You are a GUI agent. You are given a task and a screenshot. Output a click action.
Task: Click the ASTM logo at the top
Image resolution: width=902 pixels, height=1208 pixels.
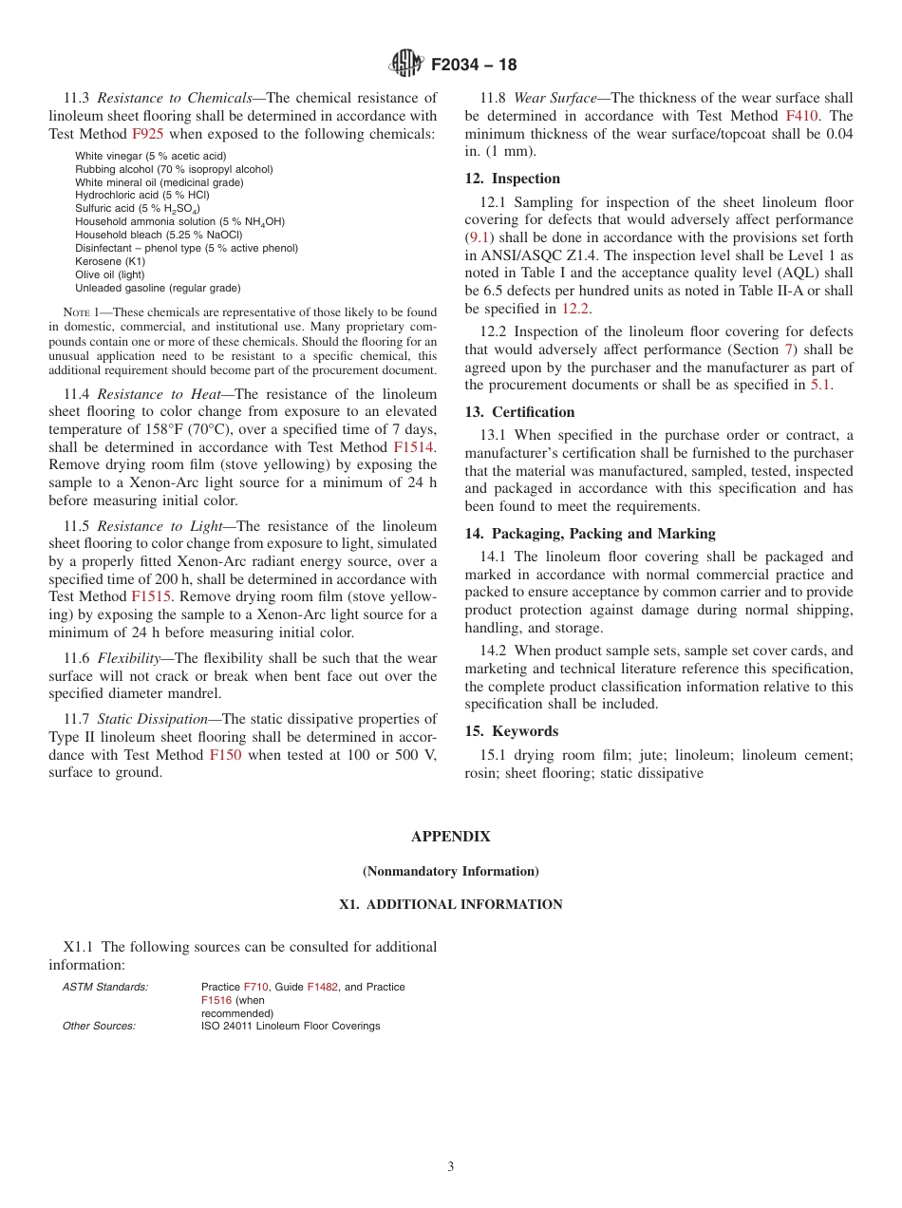click(x=406, y=65)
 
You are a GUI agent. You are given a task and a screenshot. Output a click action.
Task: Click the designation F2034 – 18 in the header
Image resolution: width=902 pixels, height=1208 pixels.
click(x=474, y=66)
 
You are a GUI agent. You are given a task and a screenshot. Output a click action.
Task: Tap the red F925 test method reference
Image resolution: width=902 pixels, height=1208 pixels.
click(x=148, y=134)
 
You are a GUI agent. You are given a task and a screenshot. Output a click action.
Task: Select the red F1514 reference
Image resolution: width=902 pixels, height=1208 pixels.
click(x=414, y=447)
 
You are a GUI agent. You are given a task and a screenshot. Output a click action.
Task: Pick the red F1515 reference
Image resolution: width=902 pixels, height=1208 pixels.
click(x=150, y=596)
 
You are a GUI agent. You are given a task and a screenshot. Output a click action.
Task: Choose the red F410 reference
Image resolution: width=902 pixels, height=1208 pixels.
click(x=803, y=116)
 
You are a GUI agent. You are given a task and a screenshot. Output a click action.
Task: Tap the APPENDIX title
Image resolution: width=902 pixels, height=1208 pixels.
click(x=450, y=837)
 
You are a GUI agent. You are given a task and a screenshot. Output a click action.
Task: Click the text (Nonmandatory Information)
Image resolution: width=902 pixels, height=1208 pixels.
click(x=450, y=871)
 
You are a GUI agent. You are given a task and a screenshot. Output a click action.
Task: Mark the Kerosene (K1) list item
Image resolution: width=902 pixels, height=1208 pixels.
click(x=110, y=261)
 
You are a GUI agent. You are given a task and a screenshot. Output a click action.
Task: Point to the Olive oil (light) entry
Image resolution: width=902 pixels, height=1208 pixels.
click(x=111, y=274)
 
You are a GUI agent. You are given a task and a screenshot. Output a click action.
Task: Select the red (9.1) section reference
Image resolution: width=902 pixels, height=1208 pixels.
click(x=479, y=237)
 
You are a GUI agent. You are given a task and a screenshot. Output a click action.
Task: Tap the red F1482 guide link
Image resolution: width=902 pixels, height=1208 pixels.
click(x=322, y=987)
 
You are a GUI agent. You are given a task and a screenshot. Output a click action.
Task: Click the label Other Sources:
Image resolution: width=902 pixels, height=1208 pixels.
click(x=99, y=1026)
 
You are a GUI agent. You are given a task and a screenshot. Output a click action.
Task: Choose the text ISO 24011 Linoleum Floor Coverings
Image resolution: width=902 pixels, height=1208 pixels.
click(x=290, y=1026)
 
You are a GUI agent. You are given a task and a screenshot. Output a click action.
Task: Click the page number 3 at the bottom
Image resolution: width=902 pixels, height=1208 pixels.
click(x=450, y=1167)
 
